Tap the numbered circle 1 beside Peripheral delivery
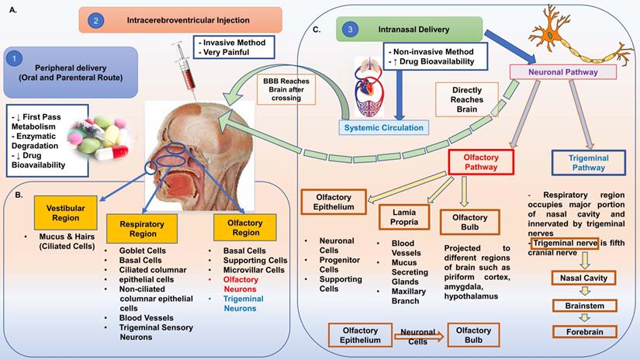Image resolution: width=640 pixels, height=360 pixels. [x=14, y=58]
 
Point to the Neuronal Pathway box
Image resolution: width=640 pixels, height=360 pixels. [x=563, y=71]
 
